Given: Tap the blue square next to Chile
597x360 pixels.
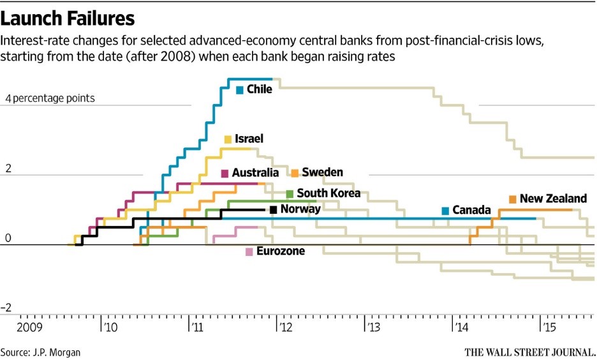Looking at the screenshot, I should click(x=240, y=90).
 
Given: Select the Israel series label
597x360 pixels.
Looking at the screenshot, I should click(x=249, y=139).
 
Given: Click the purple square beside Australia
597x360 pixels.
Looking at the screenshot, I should click(x=225, y=173).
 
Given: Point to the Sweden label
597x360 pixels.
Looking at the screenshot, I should click(x=322, y=172).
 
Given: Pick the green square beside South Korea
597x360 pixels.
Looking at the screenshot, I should click(x=290, y=193).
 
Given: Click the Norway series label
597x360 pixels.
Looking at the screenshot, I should click(x=300, y=209).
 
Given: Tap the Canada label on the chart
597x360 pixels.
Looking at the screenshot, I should click(x=471, y=210).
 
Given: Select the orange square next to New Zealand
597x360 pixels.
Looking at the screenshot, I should click(x=512, y=200).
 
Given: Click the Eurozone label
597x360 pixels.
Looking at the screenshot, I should click(x=280, y=251).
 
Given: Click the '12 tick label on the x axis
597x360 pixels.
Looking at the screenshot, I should click(x=284, y=329).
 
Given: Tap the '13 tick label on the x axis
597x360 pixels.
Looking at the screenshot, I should click(x=372, y=329).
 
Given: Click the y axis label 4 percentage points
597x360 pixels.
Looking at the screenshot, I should click(x=50, y=98).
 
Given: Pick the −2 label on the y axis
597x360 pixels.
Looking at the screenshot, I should click(x=7, y=308).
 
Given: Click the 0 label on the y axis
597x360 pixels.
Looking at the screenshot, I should click(x=8, y=239).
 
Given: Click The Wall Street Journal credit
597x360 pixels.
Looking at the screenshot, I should click(x=529, y=352).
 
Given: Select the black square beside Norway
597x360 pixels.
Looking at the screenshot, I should click(x=274, y=209).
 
